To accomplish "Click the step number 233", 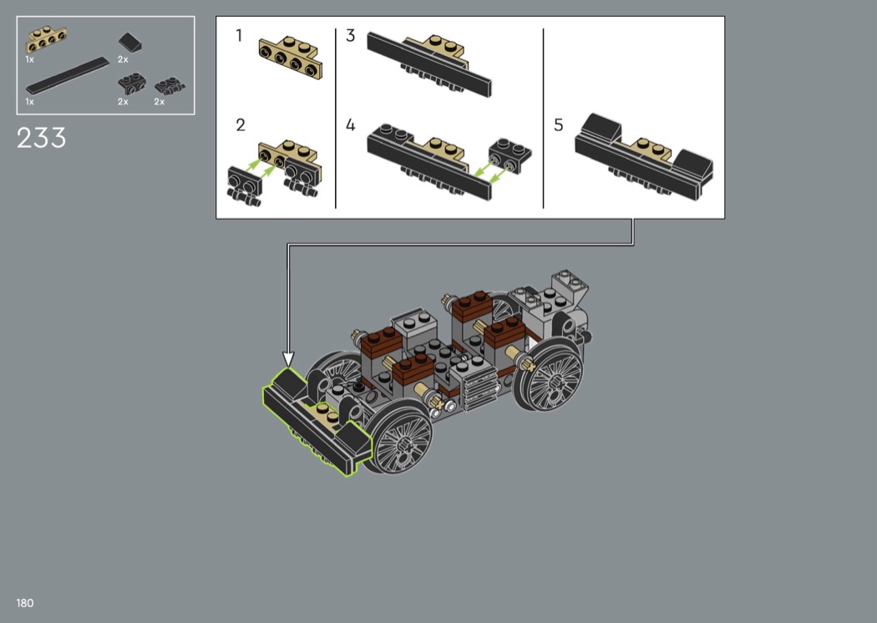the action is click(x=42, y=138).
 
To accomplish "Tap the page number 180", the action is click(x=25, y=603).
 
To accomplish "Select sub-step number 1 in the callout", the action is click(x=240, y=36).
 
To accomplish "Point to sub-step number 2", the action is click(x=241, y=124).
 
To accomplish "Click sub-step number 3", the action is click(x=350, y=36).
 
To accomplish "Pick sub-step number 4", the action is click(x=351, y=124).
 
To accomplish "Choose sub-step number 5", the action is click(x=558, y=124).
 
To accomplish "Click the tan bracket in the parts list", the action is click(x=47, y=40).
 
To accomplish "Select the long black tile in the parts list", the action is click(x=68, y=75).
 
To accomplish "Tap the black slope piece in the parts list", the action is click(x=129, y=42).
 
